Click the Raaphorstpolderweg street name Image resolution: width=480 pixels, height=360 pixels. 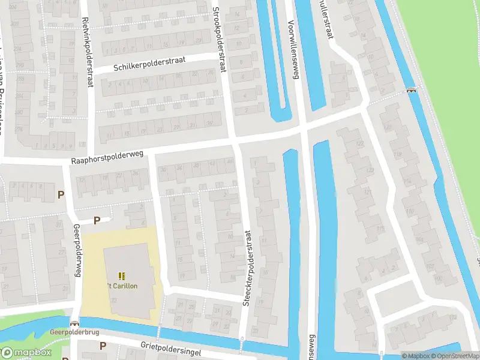click(x=107, y=158)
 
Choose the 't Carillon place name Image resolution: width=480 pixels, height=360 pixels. click(x=122, y=286)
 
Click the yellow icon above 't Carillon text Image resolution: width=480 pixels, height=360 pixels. click(x=122, y=276)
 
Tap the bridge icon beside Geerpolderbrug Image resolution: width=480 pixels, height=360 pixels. click(x=74, y=322)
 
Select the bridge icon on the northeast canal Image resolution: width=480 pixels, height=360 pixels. click(x=411, y=91)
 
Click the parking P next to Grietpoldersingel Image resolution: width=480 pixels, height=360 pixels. click(x=103, y=346)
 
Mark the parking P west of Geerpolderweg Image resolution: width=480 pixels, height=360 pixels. click(x=60, y=194)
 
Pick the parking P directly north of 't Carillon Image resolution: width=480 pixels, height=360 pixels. click(x=97, y=220)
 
